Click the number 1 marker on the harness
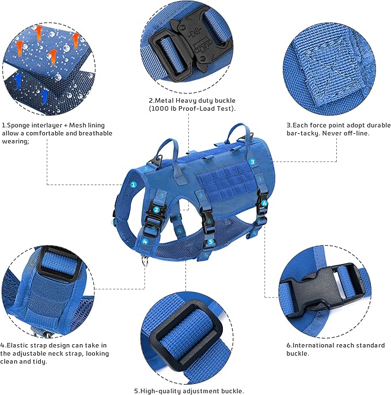[133, 185]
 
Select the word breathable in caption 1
[94, 133]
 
